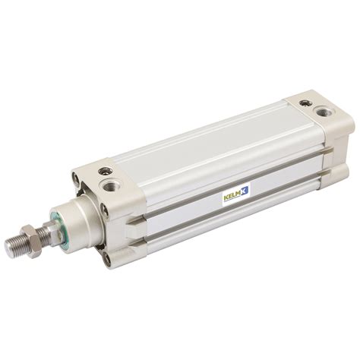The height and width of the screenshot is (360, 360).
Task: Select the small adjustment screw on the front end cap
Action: click(x=106, y=171)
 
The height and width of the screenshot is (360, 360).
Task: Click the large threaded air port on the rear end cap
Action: click(x=325, y=112)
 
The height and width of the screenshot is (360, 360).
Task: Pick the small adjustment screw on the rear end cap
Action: click(x=305, y=103)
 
